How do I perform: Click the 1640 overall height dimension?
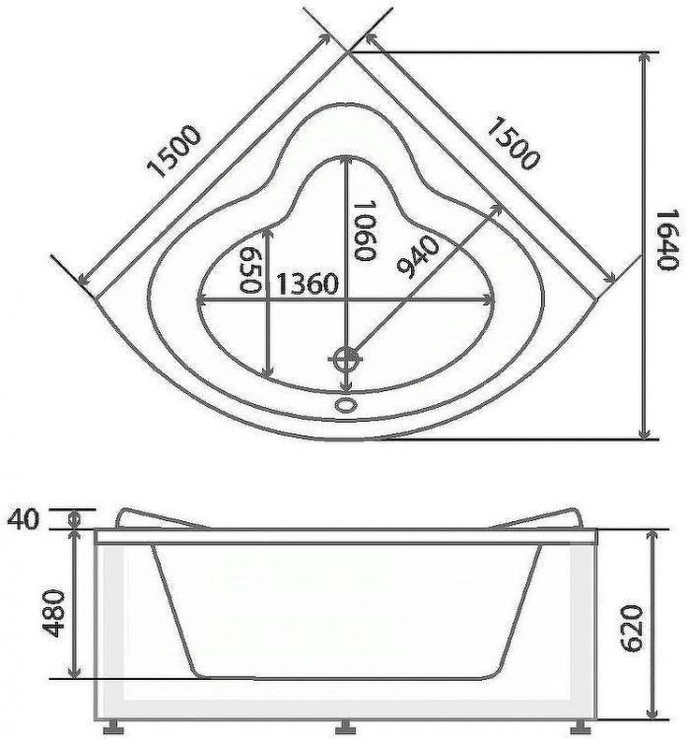pos(668,241)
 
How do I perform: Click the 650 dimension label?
pos(249,270)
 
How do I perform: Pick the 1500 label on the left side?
pos(175,153)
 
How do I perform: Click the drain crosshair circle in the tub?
pos(345,359)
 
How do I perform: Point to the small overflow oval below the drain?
pos(345,403)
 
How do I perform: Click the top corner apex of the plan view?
pos(347,52)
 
